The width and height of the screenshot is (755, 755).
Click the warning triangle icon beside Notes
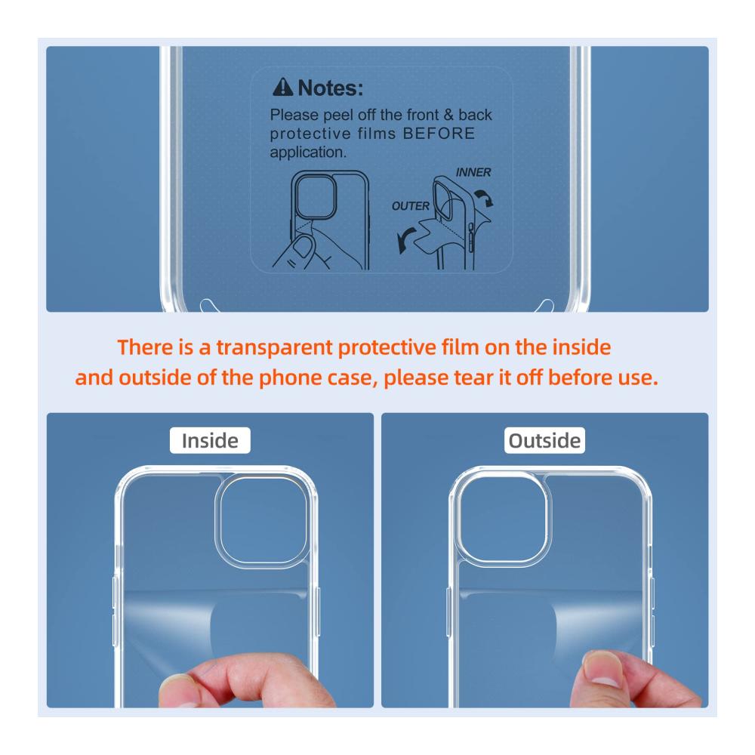(x=282, y=87)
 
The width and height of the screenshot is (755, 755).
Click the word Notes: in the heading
(x=331, y=88)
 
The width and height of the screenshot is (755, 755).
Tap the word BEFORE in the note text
(x=439, y=134)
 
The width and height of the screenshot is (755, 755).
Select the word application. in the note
(x=308, y=153)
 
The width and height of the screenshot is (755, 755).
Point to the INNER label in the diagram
(x=473, y=172)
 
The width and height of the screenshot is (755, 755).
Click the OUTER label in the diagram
(x=410, y=206)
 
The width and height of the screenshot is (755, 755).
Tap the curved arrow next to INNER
(x=485, y=197)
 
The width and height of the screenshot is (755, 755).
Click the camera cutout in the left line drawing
(x=316, y=196)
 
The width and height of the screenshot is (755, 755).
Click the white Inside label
(x=210, y=441)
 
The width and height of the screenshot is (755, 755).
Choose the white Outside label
(x=544, y=441)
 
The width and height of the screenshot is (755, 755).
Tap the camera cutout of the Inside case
(x=263, y=520)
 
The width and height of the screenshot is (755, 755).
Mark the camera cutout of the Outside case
(x=502, y=519)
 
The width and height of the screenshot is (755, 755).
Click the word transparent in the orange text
(x=274, y=347)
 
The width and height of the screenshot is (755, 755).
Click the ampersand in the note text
(x=448, y=115)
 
